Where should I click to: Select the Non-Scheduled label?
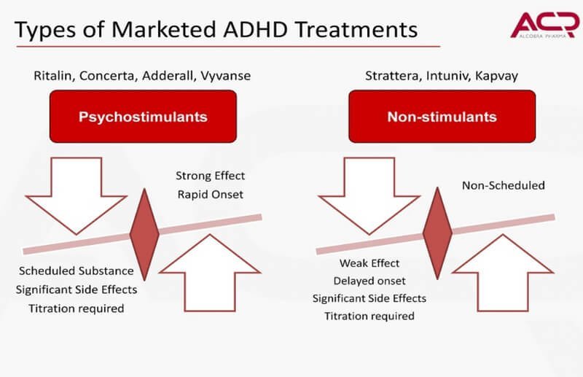point(503,185)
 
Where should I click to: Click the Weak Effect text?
point(369,263)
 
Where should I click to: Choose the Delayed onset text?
point(369,281)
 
